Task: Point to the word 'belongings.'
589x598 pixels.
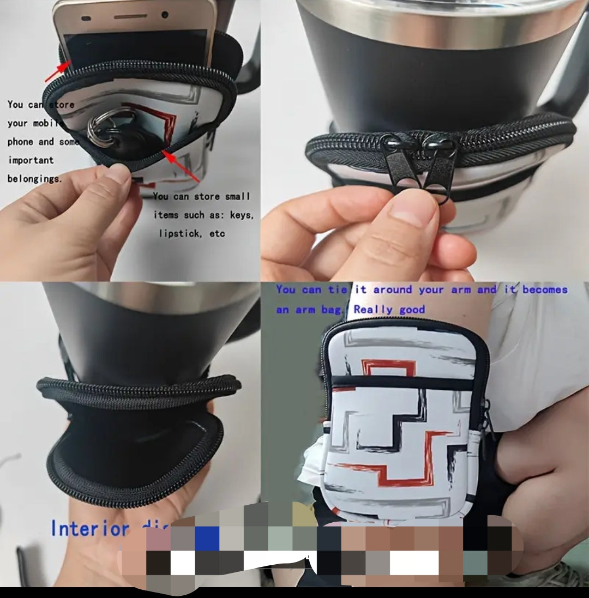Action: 35,179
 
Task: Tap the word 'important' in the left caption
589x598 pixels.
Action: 31,160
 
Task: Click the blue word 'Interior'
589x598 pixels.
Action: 90,529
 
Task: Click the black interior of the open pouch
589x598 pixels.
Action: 131,442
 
